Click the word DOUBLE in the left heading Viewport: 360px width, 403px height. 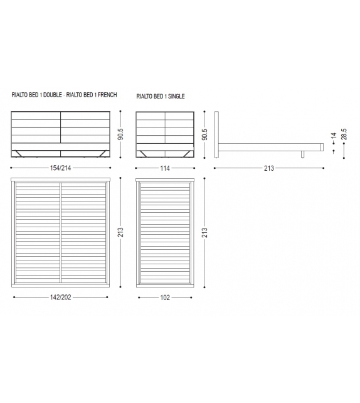[x=53, y=95]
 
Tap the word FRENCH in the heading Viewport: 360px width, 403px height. [x=107, y=95]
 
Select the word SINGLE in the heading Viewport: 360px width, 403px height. [x=176, y=97]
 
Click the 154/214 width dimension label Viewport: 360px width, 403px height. [x=60, y=168]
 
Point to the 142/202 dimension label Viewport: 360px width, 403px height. [x=60, y=298]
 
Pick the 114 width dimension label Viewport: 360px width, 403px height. [x=165, y=168]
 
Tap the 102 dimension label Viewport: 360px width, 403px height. [x=165, y=298]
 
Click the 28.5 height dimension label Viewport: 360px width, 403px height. [x=344, y=134]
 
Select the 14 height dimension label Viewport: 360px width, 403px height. [x=334, y=136]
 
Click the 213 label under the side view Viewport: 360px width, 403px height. [x=269, y=168]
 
